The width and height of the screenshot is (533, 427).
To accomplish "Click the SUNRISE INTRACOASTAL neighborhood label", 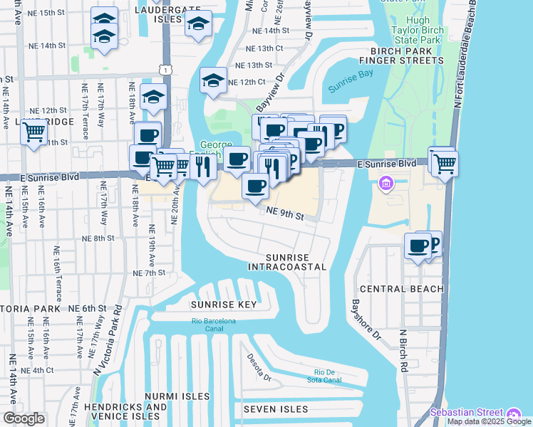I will pos(287,261).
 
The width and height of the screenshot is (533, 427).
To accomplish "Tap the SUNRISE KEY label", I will pos(223,305).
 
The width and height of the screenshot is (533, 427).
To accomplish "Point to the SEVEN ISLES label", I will pos(276,409).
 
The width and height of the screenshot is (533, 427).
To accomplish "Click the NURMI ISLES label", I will pos(177,396).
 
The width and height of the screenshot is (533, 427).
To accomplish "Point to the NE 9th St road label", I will pos(285,213).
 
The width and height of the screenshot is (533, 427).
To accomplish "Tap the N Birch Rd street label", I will pos(403,351).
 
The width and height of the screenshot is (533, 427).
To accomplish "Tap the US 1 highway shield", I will pos(165,69).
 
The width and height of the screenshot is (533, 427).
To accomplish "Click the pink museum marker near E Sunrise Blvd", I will pos(386,184).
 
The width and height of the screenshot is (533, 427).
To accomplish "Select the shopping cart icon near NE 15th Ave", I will pos(33,132).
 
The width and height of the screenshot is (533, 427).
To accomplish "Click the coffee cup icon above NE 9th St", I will pos(255,186).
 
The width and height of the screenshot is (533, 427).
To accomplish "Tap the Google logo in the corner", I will pos(24,418).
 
